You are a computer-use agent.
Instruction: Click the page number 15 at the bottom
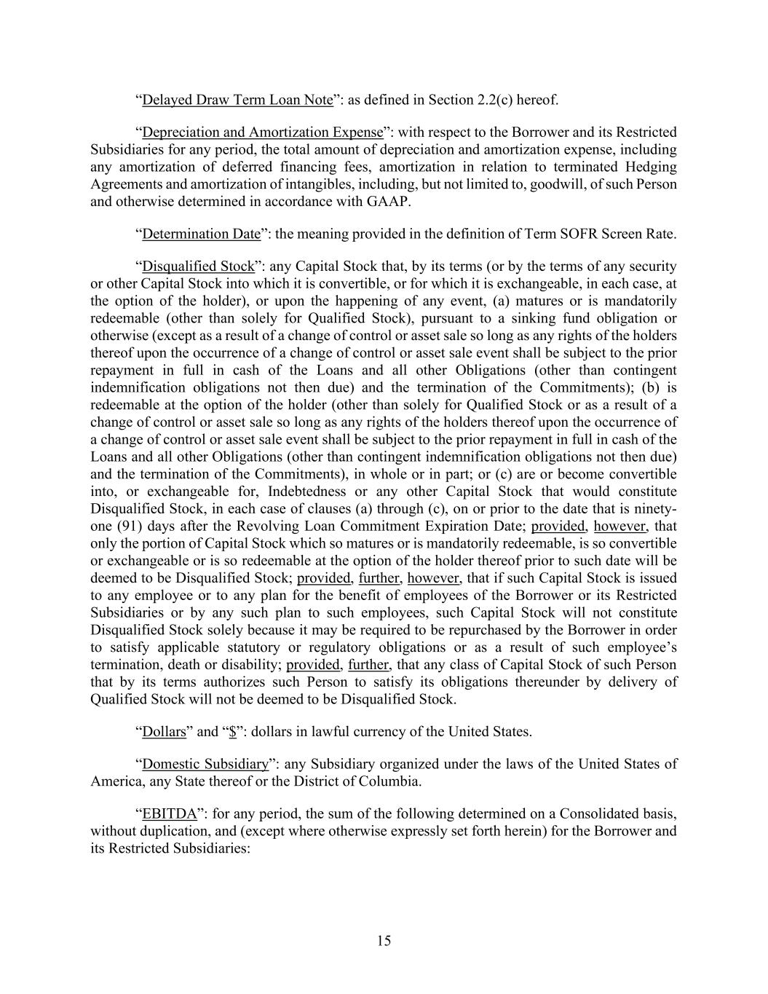pos(384,941)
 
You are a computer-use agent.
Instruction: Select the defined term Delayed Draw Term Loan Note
pos(237,100)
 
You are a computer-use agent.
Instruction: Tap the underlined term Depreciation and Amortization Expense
pos(262,133)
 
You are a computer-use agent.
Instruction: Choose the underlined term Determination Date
pos(201,234)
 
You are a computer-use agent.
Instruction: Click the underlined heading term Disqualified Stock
pos(198,267)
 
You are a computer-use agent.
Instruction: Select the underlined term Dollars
pos(165,732)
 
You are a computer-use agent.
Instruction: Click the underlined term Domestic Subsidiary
pos(205,765)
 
